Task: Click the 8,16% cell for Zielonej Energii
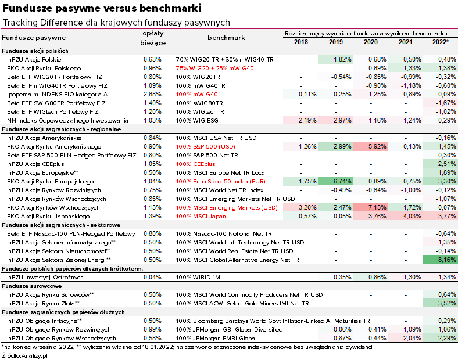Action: [x=440, y=260]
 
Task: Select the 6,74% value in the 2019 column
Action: [x=335, y=182]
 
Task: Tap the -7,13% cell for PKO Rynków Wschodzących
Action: [x=370, y=207]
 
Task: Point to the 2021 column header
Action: [x=406, y=42]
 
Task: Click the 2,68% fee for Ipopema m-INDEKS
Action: [x=152, y=94]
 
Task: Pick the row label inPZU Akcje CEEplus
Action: [x=35, y=164]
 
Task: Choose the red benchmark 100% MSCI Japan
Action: [x=201, y=216]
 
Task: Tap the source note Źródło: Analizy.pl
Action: [x=24, y=355]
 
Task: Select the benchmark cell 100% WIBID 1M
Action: [x=198, y=277]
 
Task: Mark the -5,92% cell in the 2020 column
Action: [x=370, y=146]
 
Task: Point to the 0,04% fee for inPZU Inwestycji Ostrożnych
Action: [x=152, y=277]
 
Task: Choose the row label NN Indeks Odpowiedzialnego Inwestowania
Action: [x=67, y=121]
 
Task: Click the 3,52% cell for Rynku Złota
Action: [x=440, y=304]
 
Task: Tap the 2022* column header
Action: [x=440, y=42]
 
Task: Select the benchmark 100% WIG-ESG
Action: [x=197, y=121]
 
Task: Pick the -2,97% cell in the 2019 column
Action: [x=335, y=121]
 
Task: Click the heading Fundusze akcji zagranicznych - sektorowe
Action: [x=61, y=225]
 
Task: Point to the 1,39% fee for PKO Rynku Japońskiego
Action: [x=152, y=216]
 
